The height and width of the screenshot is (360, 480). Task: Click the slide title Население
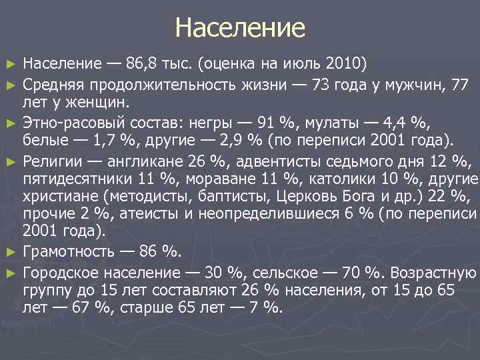click(240, 28)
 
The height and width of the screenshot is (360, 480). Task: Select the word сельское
click(275, 272)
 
